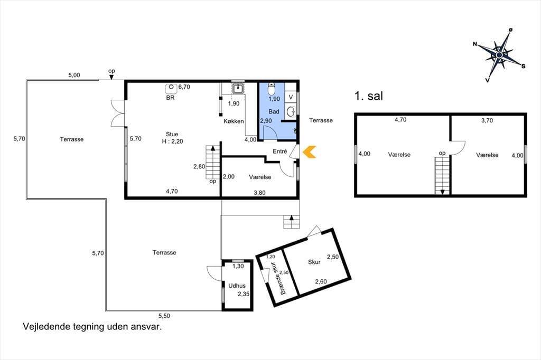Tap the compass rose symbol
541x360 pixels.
tap(499, 55)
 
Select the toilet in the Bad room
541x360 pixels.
tap(272, 89)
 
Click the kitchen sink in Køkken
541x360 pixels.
tap(238, 89)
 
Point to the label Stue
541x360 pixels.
tap(172, 134)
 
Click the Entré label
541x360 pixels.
tap(280, 151)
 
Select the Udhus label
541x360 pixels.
tap(237, 286)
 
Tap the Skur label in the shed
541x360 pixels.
tap(314, 262)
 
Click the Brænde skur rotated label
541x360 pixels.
tap(278, 278)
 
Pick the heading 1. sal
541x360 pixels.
tap(369, 96)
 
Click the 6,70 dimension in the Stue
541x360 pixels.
tap(184, 87)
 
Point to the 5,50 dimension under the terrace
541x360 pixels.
tap(164, 316)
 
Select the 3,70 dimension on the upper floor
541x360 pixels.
tap(487, 120)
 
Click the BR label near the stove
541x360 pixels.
tap(171, 98)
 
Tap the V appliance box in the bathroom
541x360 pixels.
tap(291, 97)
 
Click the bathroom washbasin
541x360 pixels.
tap(291, 112)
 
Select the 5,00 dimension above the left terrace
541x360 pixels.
tap(74, 75)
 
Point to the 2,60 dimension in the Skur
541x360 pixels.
tap(321, 281)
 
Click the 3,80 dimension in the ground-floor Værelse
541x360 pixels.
tap(259, 193)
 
